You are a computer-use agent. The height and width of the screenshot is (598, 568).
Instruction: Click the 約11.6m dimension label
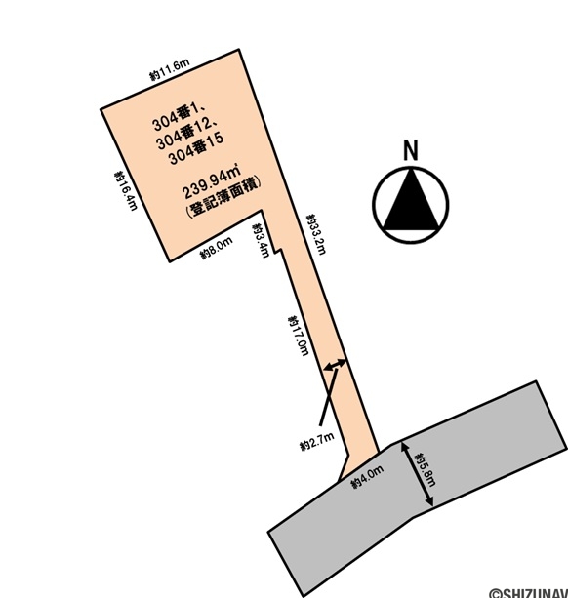(x=170, y=69)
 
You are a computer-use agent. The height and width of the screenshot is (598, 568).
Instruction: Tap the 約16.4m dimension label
(x=126, y=190)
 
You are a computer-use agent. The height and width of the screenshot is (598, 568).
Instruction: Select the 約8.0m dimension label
(x=217, y=249)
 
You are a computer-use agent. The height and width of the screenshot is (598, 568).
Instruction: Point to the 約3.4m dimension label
(x=261, y=241)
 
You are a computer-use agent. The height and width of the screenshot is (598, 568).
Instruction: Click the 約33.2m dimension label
(x=316, y=234)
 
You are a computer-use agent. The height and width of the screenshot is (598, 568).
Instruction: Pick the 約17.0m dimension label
(x=299, y=336)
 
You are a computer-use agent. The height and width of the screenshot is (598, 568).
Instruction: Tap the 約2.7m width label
(x=316, y=441)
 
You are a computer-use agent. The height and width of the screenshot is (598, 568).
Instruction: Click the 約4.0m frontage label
(x=367, y=477)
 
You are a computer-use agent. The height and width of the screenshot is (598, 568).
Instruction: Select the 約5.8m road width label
(x=426, y=469)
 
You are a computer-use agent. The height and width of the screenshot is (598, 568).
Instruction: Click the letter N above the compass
(x=411, y=150)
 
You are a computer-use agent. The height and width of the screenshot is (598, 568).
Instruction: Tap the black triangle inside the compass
(x=411, y=200)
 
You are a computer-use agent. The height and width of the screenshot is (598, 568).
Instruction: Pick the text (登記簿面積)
(x=223, y=197)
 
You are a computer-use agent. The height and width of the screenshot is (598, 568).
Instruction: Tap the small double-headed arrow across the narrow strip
(x=335, y=364)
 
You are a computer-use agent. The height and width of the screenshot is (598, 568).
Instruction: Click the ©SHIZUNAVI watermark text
(x=529, y=593)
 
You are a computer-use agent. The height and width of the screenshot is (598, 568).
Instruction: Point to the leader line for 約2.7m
(x=329, y=397)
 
